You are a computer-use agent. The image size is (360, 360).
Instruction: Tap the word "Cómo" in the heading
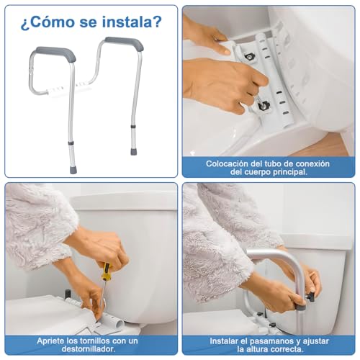(53, 22)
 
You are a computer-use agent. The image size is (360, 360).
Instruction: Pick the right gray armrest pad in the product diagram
(123, 43)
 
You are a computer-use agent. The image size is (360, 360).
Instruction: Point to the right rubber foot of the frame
(134, 151)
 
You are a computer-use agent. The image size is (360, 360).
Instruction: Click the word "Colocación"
(232, 163)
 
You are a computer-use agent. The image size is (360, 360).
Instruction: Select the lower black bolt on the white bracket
(264, 105)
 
